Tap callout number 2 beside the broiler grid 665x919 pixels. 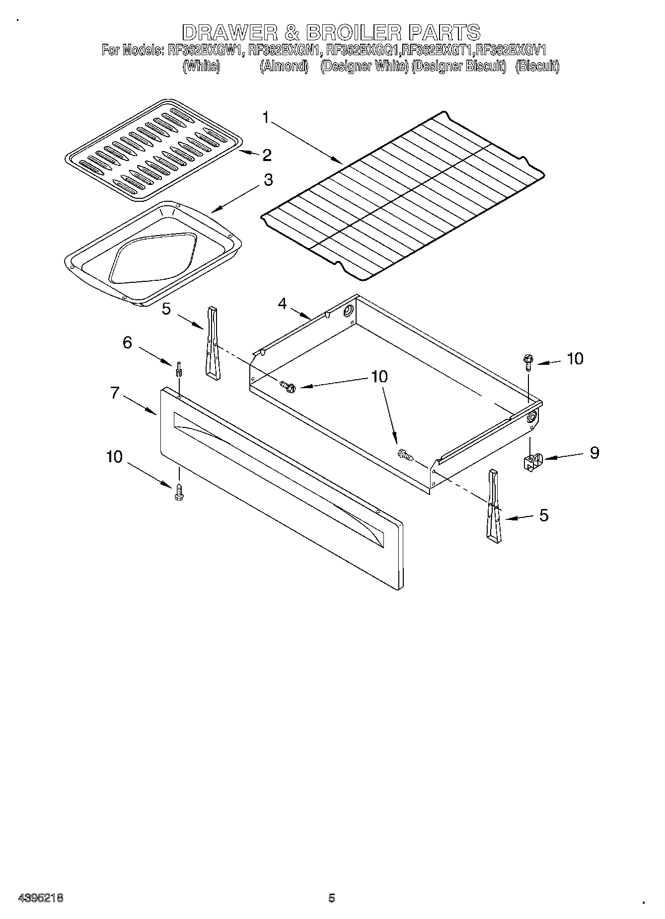267,155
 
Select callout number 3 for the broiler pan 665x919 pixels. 268,180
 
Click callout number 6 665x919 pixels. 128,342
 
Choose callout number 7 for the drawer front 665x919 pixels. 115,393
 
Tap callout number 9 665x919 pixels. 594,453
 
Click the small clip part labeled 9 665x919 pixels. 533,461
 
